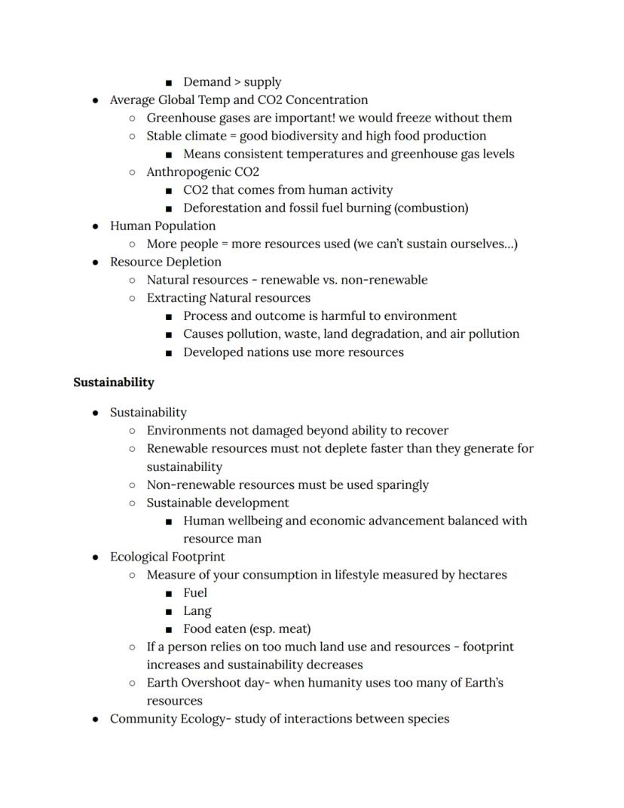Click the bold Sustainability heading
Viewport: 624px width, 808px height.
click(x=114, y=382)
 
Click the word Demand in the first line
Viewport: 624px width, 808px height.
click(x=206, y=82)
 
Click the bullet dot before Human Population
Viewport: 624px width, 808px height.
click(x=95, y=226)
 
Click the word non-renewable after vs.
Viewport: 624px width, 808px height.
click(x=384, y=280)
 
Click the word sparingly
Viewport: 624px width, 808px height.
click(x=402, y=485)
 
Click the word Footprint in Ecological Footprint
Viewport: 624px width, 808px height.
click(x=198, y=558)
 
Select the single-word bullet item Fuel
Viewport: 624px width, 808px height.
click(x=195, y=593)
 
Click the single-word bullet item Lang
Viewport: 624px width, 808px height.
click(x=197, y=611)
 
